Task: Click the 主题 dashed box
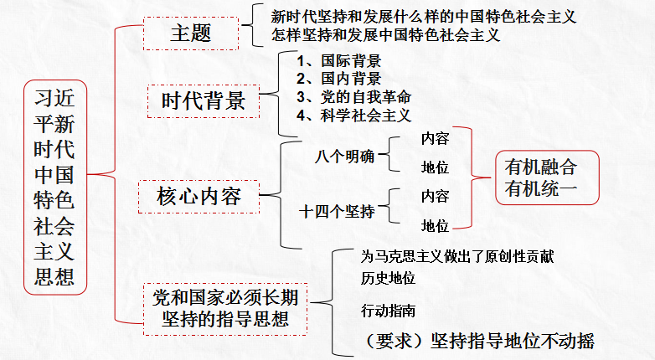tap(190, 33)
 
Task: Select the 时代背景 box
tap(204, 101)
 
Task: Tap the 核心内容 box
tap(199, 197)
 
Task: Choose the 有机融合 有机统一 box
tap(540, 177)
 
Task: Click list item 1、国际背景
tap(339, 61)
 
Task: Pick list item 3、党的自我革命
tap(353, 97)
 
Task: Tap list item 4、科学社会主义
tap(353, 116)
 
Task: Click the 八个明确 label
tap(345, 156)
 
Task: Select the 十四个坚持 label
tap(337, 211)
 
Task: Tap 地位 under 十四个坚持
tap(435, 226)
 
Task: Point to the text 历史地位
tap(388, 278)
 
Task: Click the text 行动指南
tap(388, 311)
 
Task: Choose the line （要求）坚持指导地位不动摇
tap(476, 341)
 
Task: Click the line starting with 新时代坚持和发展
tap(424, 16)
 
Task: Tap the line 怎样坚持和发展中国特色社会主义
tap(386, 35)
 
